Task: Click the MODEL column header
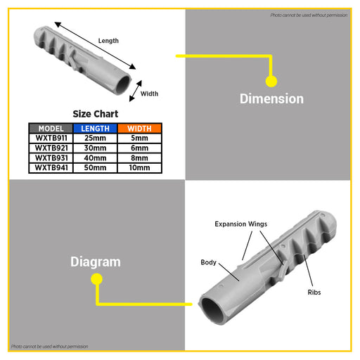pos(51,129)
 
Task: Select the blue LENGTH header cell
pos(95,129)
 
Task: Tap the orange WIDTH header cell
pos(139,129)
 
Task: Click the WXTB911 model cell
pos(51,139)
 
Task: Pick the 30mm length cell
pos(95,148)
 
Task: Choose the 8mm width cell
pos(139,158)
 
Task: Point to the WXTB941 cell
pos(51,168)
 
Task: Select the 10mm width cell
pos(139,168)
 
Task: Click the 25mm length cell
pos(95,139)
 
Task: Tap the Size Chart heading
pos(96,114)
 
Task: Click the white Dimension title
pos(271,98)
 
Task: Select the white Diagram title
pos(96,262)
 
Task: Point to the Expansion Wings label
pos(241,224)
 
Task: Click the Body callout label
pos(208,262)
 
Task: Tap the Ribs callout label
pos(314,292)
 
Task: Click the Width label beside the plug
pos(149,94)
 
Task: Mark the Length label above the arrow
pos(108,41)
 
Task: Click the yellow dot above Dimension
pos(271,82)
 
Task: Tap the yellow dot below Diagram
pos(96,279)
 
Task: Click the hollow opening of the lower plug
pos(213,311)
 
